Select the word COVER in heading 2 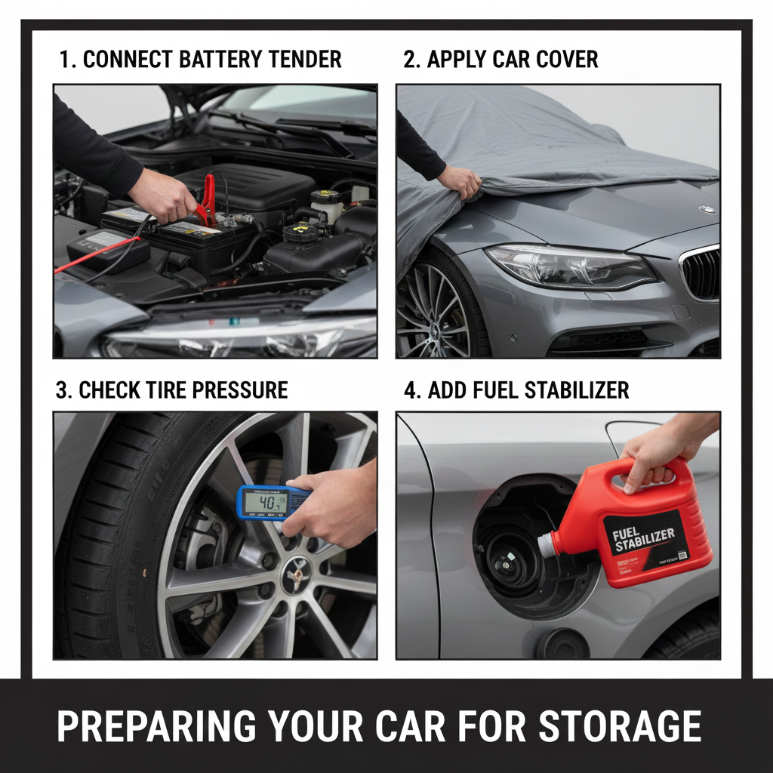561,60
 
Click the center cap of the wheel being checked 297,575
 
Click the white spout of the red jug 547,545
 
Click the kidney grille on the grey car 701,273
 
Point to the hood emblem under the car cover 707,210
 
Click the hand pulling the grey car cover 459,181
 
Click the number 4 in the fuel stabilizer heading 411,390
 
